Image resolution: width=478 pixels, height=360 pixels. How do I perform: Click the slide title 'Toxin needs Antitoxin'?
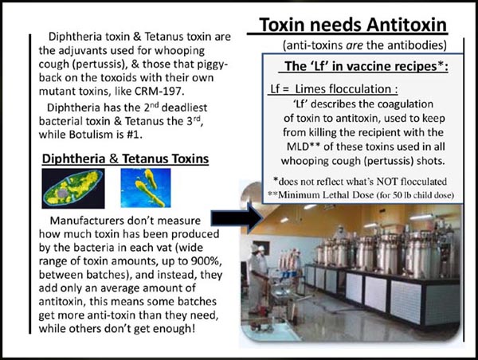[353, 25]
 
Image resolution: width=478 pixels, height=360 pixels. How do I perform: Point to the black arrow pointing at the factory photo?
[237, 218]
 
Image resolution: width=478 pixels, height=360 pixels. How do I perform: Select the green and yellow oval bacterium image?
[73, 189]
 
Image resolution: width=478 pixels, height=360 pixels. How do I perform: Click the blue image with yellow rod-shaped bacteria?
[146, 188]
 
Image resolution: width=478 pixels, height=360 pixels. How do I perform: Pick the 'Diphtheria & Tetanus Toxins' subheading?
[125, 158]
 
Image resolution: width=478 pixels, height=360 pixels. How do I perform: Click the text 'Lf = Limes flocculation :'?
[334, 89]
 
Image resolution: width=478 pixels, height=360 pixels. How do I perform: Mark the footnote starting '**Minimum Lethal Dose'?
[361, 195]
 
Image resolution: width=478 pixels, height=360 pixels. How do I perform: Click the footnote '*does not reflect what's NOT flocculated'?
[360, 182]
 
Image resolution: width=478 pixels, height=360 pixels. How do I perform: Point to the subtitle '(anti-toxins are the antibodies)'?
[365, 45]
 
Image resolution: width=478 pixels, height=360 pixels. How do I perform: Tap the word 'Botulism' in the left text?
[91, 135]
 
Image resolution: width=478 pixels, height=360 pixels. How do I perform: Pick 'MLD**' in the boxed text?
[303, 147]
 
